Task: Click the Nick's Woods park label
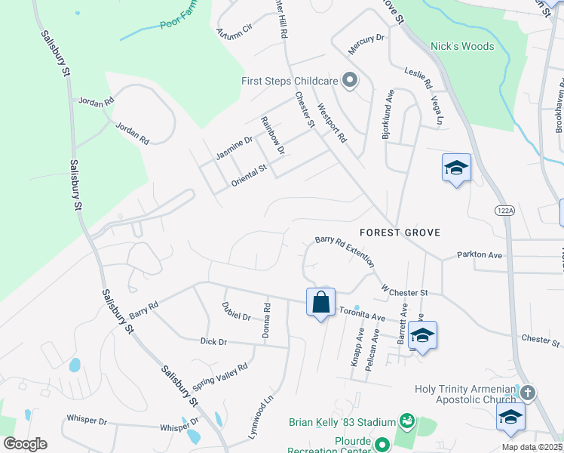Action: [461, 46]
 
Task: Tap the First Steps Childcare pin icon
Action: [349, 80]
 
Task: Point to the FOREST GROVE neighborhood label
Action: [400, 232]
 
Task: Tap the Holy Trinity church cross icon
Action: [528, 393]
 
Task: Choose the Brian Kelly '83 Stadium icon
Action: [407, 420]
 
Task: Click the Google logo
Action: [25, 444]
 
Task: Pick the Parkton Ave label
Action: [480, 255]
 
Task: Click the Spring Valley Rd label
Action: [220, 373]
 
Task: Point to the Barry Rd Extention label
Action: [345, 250]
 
